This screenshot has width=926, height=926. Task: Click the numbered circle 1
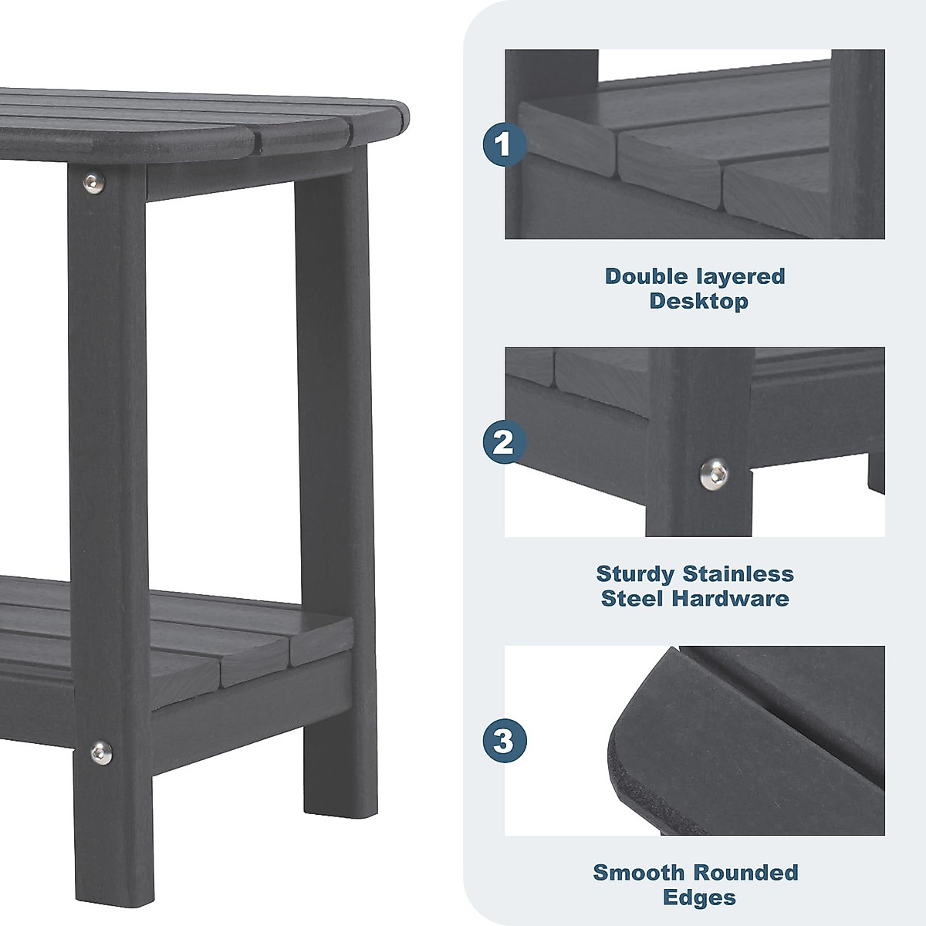point(504,144)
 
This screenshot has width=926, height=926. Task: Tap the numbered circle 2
point(504,442)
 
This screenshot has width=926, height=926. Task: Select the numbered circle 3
point(504,741)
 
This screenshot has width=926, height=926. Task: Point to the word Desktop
point(698,301)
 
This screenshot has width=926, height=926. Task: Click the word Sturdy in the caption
point(636,574)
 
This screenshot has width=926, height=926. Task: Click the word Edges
point(698,897)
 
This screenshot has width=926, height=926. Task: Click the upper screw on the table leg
point(94,182)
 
